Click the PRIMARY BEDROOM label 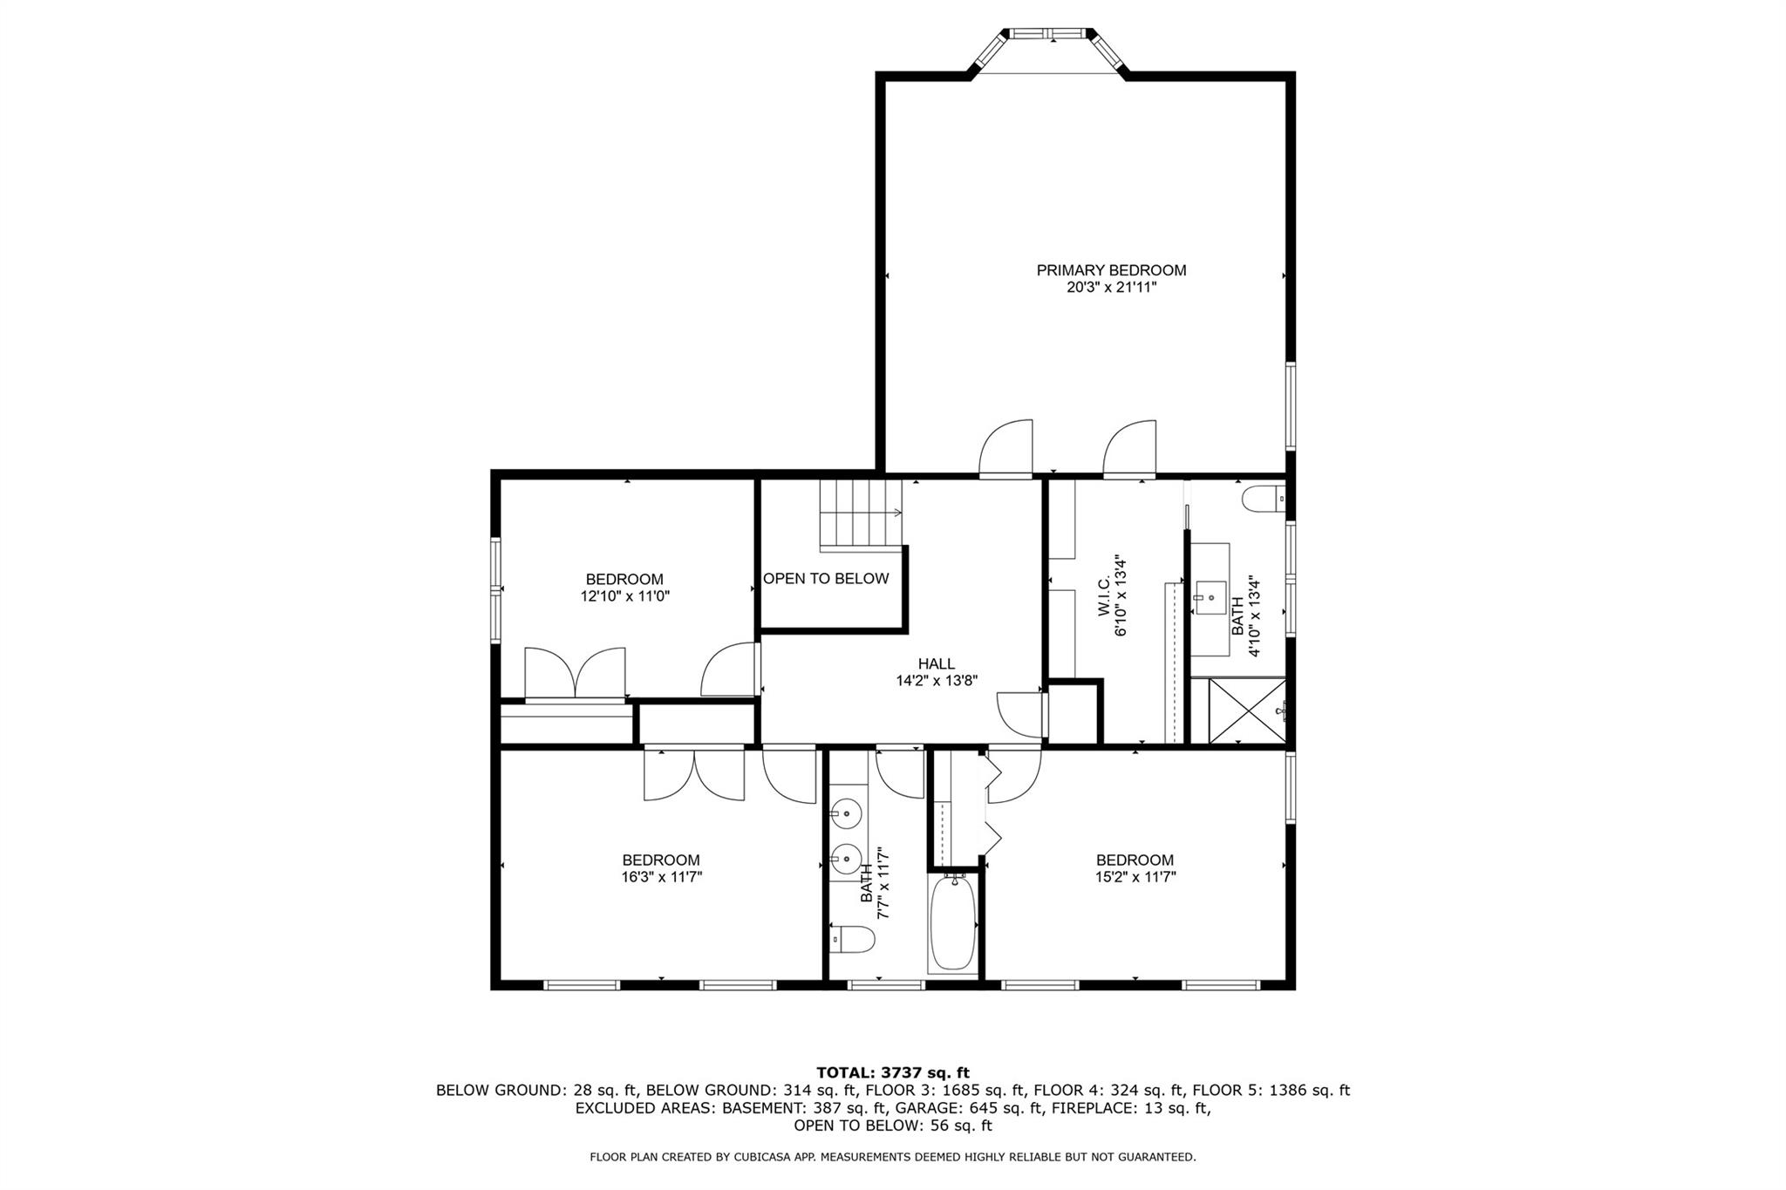click(1110, 270)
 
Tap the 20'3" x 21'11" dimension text click(1110, 288)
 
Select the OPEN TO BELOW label click(825, 579)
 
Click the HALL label click(936, 664)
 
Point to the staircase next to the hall click(858, 513)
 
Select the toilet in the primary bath click(1263, 499)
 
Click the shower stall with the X click(1246, 711)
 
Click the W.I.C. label click(1104, 598)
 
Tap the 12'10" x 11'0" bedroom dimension click(624, 597)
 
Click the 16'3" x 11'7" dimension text click(661, 878)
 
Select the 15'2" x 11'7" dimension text click(1135, 878)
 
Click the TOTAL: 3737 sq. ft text click(892, 1072)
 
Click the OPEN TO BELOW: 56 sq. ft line click(892, 1125)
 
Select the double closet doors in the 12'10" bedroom click(575, 673)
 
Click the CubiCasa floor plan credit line click(892, 1158)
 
